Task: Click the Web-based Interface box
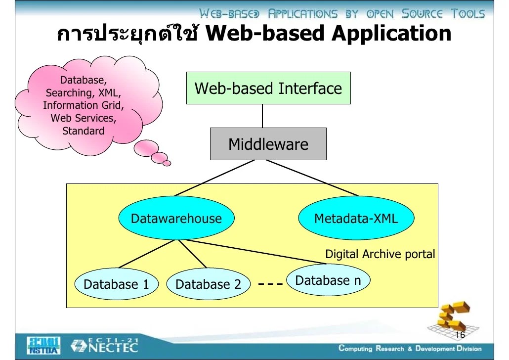coord(268,88)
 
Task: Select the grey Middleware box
coord(268,144)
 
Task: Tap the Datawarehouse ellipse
coord(176,219)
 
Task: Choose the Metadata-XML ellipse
coord(356,219)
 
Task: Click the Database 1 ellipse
coord(116,284)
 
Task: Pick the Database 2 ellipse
coord(208,284)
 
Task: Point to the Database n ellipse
coord(328,281)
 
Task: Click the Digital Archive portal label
coord(380,254)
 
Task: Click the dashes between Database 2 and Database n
coord(270,284)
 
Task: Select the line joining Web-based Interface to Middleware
coord(262,116)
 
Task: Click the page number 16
coord(460,335)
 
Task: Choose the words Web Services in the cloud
coord(83,118)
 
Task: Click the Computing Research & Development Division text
coord(410,349)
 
